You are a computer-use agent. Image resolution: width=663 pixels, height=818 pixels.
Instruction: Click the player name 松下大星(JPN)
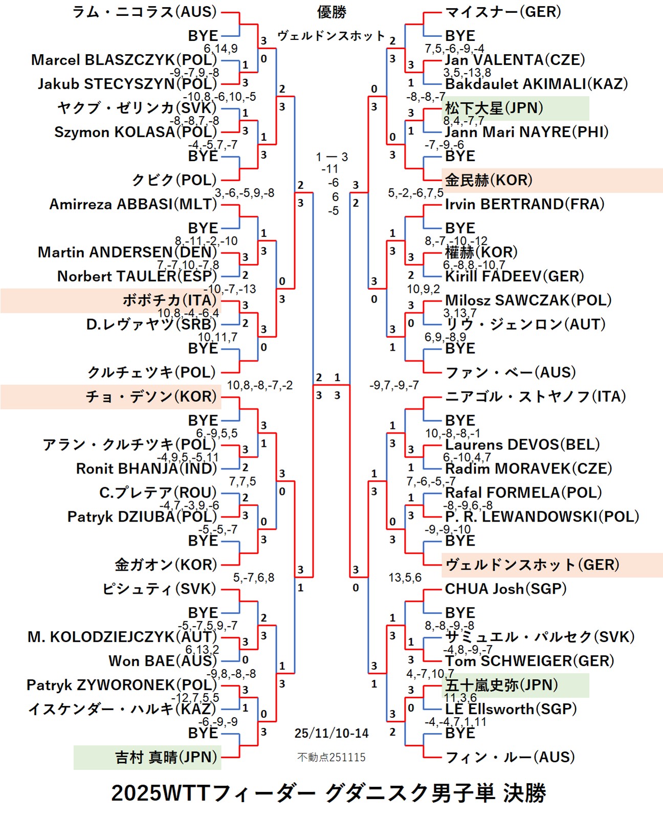(494, 108)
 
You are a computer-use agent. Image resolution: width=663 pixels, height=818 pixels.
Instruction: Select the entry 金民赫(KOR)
(489, 180)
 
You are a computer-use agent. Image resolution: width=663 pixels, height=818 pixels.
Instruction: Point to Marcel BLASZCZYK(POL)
(124, 60)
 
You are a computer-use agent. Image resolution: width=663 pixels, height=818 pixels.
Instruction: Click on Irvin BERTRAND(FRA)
(524, 204)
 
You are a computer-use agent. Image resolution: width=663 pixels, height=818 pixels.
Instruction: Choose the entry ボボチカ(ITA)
(169, 300)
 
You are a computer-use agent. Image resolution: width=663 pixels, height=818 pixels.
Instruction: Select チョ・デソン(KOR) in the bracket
(151, 397)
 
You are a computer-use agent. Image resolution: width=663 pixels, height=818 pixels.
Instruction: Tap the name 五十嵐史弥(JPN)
(501, 685)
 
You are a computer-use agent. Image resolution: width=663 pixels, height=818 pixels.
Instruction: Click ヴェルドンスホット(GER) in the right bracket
(532, 565)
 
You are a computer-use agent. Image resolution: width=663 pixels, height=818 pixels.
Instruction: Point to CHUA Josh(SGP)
(505, 589)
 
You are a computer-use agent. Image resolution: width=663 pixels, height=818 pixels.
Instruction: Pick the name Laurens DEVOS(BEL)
(522, 444)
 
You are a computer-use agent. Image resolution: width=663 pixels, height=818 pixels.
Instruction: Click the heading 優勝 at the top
(331, 12)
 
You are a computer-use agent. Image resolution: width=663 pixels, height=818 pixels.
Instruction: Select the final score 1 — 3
(331, 157)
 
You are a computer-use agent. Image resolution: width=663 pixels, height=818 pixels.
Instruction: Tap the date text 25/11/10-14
(331, 733)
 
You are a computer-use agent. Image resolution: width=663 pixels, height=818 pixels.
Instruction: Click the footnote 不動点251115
(331, 757)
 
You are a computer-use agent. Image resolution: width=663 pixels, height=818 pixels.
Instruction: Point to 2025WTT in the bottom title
(160, 793)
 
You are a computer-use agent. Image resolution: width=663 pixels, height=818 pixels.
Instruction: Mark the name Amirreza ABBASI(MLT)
(133, 204)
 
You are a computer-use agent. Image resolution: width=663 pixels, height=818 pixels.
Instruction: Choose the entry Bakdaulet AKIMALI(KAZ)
(536, 84)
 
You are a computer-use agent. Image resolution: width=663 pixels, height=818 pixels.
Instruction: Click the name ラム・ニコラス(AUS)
(144, 12)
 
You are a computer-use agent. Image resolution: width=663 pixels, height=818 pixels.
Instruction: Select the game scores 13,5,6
(405, 577)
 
